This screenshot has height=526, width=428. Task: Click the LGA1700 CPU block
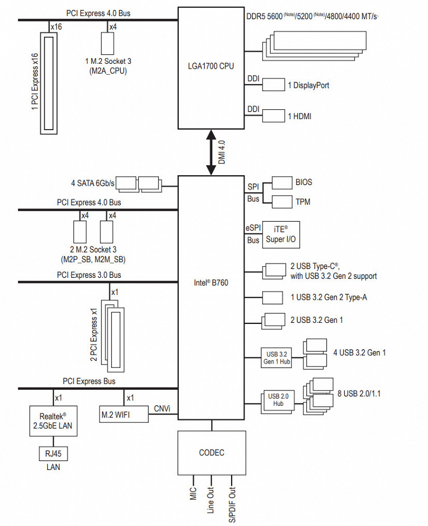coord(211,66)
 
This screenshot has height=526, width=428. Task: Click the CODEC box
coord(211,453)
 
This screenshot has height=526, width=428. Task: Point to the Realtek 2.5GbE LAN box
coord(53,421)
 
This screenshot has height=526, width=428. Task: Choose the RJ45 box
coord(53,454)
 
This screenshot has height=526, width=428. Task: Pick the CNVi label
coord(162,408)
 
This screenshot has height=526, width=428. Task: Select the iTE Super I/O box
coord(281,234)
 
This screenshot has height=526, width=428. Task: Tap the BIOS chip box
coord(282,183)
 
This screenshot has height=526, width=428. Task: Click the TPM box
coord(282,202)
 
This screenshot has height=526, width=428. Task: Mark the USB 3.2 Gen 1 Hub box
coord(277,357)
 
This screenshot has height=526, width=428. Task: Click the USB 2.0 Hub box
coord(277,400)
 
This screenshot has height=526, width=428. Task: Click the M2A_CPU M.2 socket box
coord(108,42)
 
